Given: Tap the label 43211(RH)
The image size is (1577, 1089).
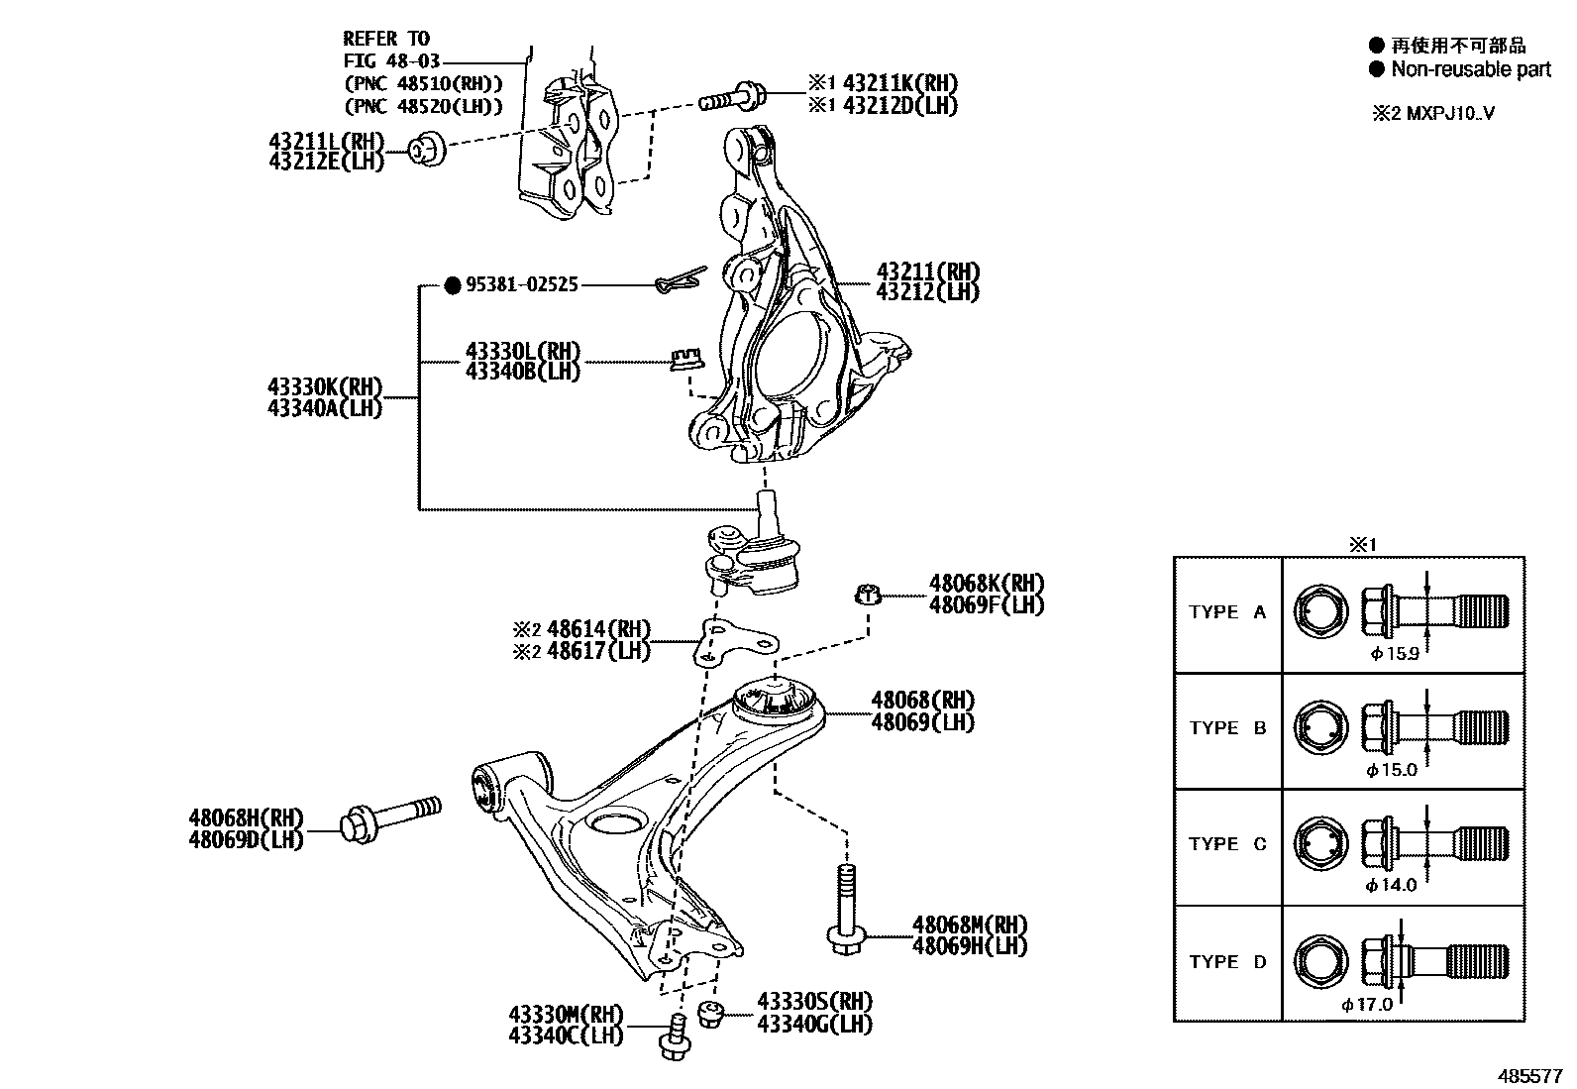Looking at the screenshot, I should tap(927, 272).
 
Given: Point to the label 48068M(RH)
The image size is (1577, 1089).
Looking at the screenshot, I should tap(970, 925).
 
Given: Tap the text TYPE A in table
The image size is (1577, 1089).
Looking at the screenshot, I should tap(1227, 612).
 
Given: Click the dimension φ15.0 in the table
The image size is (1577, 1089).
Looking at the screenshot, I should tap(1392, 769).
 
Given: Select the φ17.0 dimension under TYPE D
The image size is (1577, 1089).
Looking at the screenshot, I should tap(1367, 1004).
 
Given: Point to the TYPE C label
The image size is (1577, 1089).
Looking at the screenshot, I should tap(1227, 844).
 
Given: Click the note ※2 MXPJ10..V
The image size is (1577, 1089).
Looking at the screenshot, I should tap(1432, 113).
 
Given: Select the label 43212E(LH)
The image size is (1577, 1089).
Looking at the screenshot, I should tap(325, 162).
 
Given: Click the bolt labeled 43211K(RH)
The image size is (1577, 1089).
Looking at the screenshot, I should tap(731, 98).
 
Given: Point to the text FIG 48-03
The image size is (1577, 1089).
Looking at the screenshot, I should tap(386, 60).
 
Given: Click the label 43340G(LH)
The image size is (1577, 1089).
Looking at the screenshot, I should tap(814, 1024).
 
